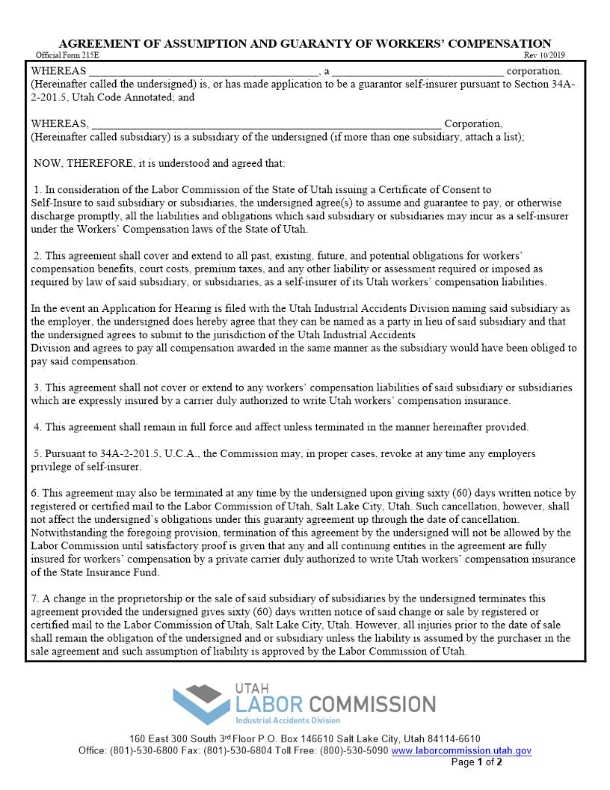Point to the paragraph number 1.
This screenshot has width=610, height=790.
click(37, 190)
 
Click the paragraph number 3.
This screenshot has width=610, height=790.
click(37, 388)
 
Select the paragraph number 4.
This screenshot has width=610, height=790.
click(37, 427)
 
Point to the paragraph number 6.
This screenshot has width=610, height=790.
click(34, 493)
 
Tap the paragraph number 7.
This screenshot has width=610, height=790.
click(34, 598)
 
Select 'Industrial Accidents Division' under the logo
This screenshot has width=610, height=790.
click(288, 720)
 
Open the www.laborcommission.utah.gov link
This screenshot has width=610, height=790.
click(461, 750)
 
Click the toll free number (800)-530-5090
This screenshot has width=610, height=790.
click(354, 750)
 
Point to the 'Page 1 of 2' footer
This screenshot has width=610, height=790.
click(476, 762)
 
